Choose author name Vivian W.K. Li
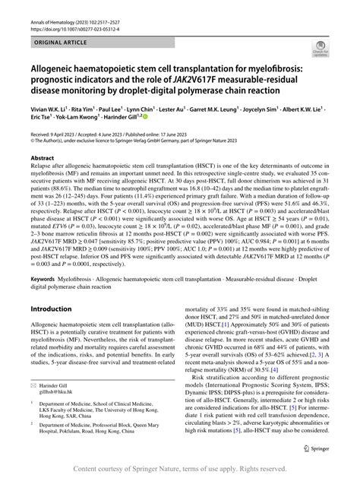pyautogui.click(x=48, y=109)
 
